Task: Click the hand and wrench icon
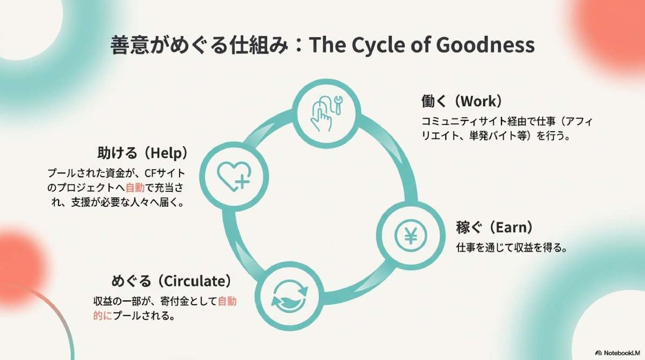(324, 114)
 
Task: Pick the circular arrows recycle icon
(290, 298)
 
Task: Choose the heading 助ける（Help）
(142, 153)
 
